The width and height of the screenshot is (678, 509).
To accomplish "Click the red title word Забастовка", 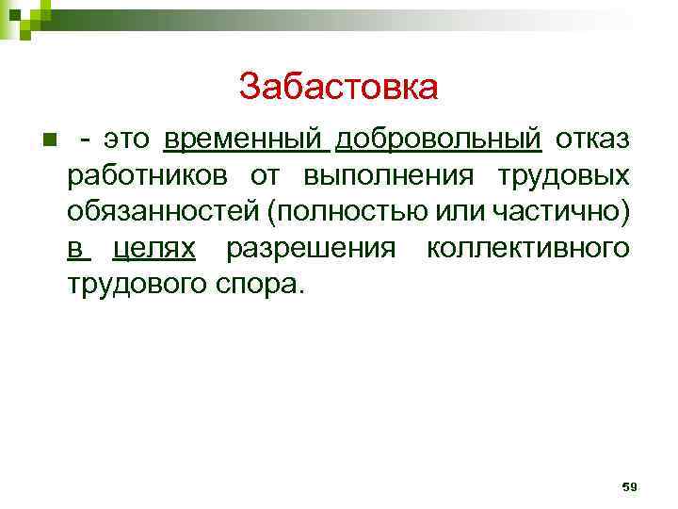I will point(338,88).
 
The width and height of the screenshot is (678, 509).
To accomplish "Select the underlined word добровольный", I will point(438,140).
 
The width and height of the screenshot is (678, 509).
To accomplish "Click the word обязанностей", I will point(164,212).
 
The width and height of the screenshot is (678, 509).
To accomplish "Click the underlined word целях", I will point(153,248).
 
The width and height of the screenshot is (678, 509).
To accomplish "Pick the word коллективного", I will point(526,248).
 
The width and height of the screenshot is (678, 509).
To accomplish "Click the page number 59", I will point(630,486).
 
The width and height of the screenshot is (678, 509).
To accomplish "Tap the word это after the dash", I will point(127,140).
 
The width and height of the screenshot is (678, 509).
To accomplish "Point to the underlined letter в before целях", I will point(75,248).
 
